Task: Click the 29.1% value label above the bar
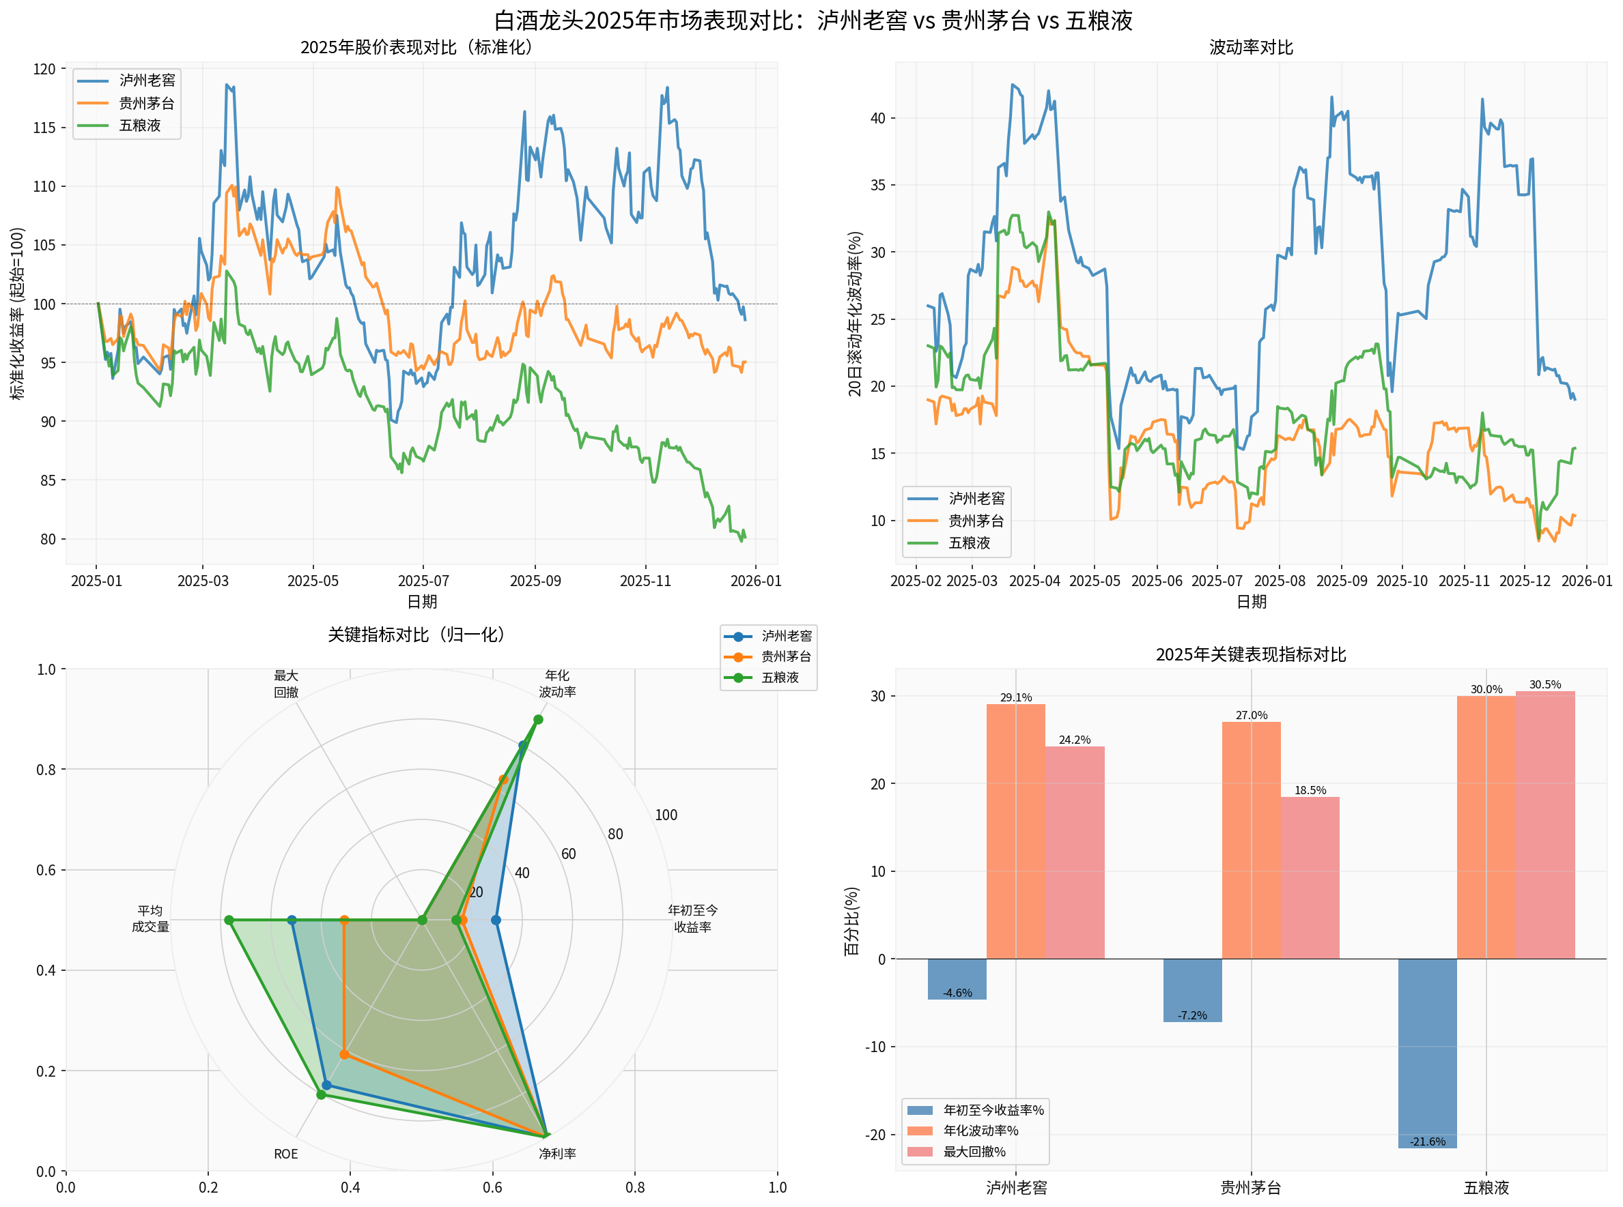coord(1015,698)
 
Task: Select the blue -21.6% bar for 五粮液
coord(1427,1053)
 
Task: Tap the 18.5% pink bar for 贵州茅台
coord(1310,877)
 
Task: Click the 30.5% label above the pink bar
coord(1544,684)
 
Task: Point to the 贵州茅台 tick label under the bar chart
coord(1250,1188)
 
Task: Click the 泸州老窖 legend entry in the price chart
coord(146,81)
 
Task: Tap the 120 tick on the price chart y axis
coord(44,69)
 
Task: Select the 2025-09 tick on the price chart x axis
coord(535,581)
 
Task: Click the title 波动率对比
coord(1250,48)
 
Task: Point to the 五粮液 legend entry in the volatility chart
coord(969,543)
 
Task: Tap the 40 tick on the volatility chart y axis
coord(877,118)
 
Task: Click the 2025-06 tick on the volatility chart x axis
coord(1156,581)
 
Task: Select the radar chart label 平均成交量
coord(150,919)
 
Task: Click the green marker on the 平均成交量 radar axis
coord(229,920)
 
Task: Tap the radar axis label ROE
coord(286,1154)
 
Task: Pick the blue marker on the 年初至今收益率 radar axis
coord(496,920)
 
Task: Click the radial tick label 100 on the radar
coord(665,815)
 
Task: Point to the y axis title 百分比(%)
coord(851,920)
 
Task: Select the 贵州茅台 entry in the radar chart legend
coord(785,657)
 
